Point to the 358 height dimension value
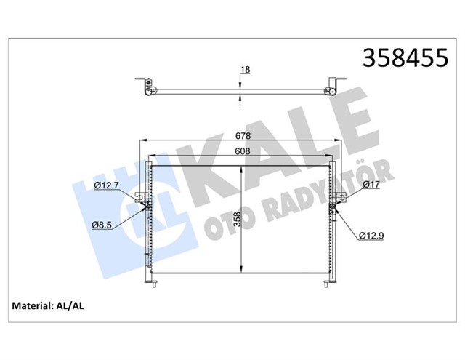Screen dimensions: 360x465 [x=248, y=219]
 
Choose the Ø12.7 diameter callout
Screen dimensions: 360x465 [x=107, y=186]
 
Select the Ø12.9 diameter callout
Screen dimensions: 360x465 [x=373, y=234]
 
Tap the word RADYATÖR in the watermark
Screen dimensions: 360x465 [x=320, y=196]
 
